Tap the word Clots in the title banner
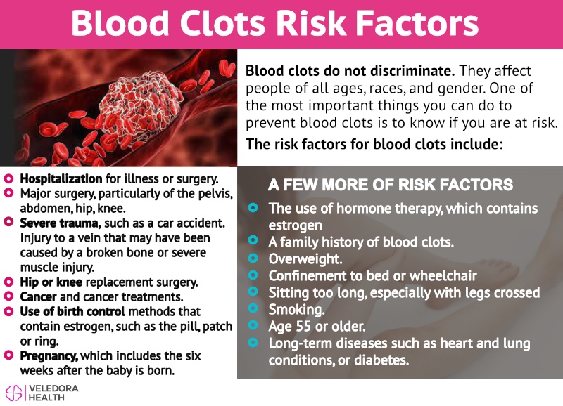tap(222, 23)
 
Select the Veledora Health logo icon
tap(13, 393)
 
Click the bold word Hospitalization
tap(61, 178)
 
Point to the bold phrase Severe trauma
tap(61, 223)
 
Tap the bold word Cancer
tap(38, 296)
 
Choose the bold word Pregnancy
tap(49, 356)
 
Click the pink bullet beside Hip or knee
tap(8, 282)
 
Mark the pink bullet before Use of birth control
tap(8, 311)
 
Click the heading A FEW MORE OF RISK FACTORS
tap(391, 185)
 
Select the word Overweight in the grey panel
tap(305, 258)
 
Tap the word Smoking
tap(296, 309)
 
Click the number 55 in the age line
tap(303, 327)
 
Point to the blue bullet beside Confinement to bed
tap(253, 275)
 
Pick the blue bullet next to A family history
tap(253, 240)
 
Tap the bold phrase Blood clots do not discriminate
tap(350, 70)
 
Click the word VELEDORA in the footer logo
tap(53, 388)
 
